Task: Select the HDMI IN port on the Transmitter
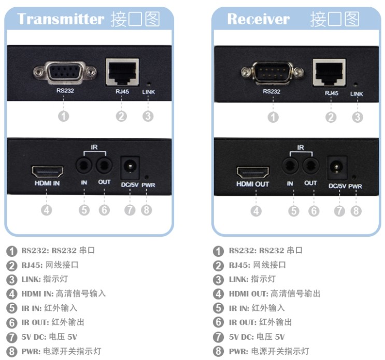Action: [x=47, y=171]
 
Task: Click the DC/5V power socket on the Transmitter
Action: [x=130, y=167]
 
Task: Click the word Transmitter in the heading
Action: [x=61, y=20]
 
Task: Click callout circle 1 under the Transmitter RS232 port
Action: [x=63, y=117]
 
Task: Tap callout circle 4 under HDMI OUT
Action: [x=256, y=211]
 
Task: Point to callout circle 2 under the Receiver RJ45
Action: [x=331, y=117]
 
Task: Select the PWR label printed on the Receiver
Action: [x=355, y=186]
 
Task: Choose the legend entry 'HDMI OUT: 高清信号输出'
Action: [x=275, y=294]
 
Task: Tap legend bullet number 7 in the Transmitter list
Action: [x=11, y=337]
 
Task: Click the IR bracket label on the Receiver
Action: [x=301, y=147]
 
